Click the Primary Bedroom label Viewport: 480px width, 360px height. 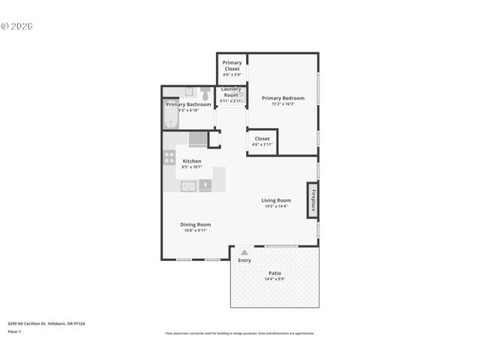point(283,98)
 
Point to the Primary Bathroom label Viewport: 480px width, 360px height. point(188,104)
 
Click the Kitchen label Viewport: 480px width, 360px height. point(192,161)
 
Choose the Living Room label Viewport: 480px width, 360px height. point(276,200)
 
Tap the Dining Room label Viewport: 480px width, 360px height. point(195,224)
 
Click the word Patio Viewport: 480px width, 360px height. point(274,273)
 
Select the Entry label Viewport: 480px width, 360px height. point(244,260)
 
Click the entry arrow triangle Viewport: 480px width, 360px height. point(244,253)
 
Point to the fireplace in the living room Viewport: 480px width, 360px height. point(312,200)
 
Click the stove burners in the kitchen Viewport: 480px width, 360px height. point(169,157)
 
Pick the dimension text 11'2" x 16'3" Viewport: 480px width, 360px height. point(283,104)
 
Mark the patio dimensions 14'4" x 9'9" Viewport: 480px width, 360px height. point(274,279)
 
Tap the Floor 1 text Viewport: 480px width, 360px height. point(15,331)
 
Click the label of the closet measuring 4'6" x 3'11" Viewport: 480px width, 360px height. point(262,139)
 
